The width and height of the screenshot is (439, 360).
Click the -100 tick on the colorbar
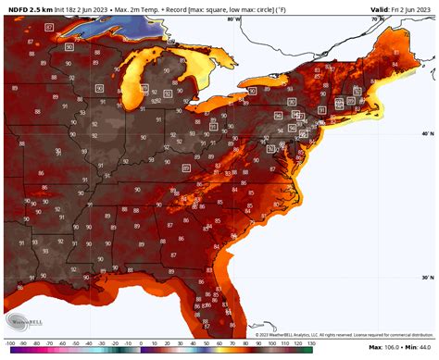coord(6,354)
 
